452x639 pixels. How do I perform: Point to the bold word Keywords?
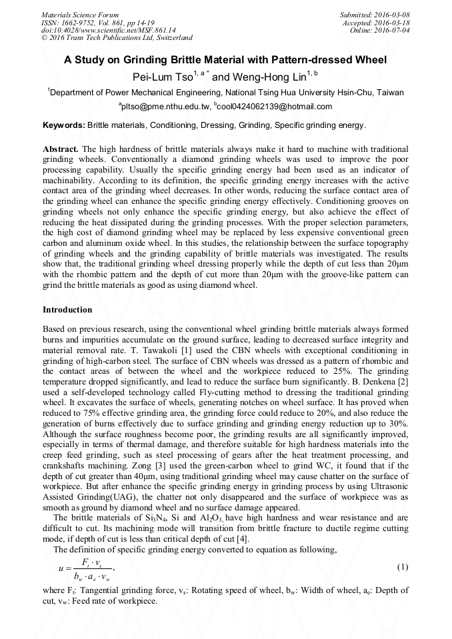coord(64,125)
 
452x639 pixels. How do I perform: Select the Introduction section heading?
coord(67,310)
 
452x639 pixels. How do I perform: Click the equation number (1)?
coord(402,567)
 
